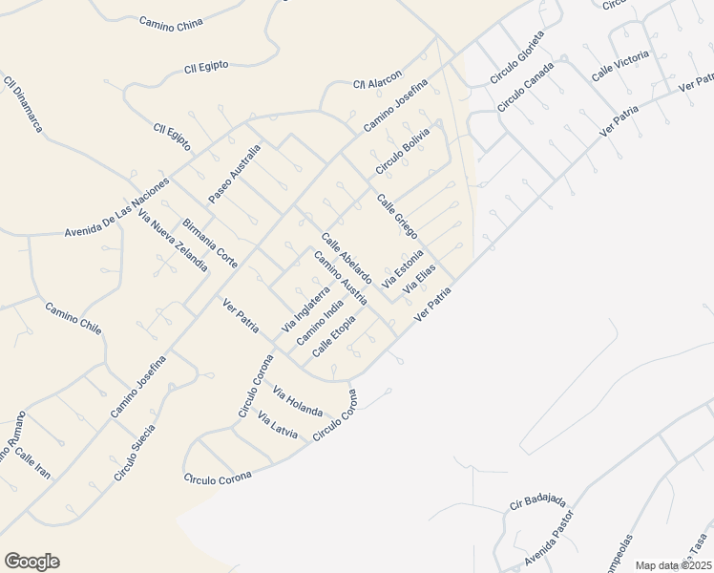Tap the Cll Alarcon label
click(378, 78)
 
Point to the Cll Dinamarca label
click(24, 104)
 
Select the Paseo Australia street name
click(235, 173)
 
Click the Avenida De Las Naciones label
click(116, 206)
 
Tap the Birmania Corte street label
click(210, 242)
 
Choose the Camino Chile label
click(73, 317)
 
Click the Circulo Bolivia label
click(402, 151)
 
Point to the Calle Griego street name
click(397, 217)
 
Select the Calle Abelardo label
click(346, 257)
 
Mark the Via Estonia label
click(402, 269)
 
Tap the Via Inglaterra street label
click(305, 309)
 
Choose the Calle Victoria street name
click(619, 66)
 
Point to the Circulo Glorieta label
click(516, 55)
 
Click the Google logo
click(31, 562)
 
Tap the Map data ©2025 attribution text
click(673, 565)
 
